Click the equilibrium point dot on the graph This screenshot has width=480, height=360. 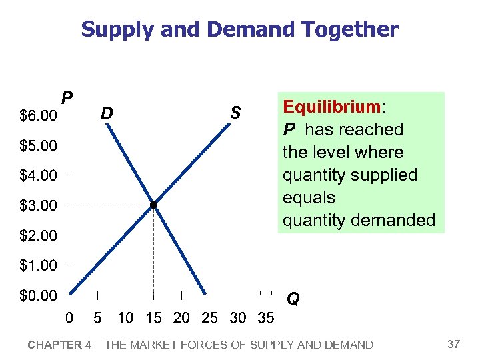click(153, 205)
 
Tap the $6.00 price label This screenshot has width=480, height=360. click(38, 116)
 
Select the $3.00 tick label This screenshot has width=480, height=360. click(38, 206)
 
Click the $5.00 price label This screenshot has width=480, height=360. click(38, 145)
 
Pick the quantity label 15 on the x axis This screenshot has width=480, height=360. click(153, 318)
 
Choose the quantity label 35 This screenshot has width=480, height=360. click(265, 318)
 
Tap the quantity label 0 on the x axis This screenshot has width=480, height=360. click(69, 318)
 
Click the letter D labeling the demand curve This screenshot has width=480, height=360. click(107, 114)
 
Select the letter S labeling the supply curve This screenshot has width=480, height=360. click(235, 113)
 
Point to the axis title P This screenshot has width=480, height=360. click(67, 99)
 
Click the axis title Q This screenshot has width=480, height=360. click(293, 299)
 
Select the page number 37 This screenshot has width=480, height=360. click(454, 344)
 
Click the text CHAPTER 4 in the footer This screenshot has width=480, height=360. click(59, 345)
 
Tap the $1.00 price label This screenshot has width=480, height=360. click(38, 265)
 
